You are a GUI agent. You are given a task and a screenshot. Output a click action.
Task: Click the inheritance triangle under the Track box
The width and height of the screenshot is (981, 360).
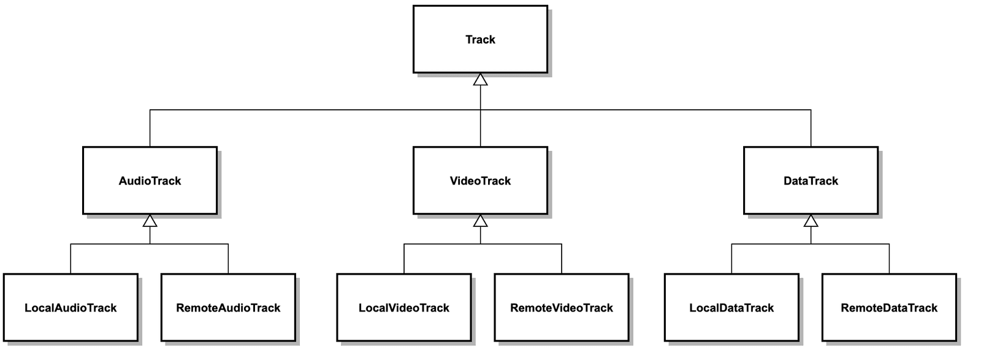480,80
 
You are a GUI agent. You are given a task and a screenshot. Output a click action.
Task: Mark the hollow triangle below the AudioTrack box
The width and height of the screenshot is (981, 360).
150,221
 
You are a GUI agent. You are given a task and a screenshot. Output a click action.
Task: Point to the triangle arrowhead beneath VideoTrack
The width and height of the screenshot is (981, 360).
480,221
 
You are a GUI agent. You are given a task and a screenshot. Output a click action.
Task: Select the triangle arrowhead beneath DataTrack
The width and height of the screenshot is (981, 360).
811,221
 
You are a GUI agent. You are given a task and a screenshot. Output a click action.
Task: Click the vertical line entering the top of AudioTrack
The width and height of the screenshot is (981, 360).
150,129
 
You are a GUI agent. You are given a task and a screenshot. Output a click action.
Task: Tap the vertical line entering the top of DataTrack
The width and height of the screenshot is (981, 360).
811,129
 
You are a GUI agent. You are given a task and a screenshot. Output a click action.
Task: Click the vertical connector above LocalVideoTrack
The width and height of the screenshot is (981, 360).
404,259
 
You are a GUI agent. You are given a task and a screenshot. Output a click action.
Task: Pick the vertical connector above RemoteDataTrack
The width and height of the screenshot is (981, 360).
889,259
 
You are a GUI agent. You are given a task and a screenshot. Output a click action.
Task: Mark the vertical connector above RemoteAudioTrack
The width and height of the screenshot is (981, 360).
228,259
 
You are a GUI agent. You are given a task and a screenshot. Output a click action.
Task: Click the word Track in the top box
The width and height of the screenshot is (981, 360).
480,39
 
